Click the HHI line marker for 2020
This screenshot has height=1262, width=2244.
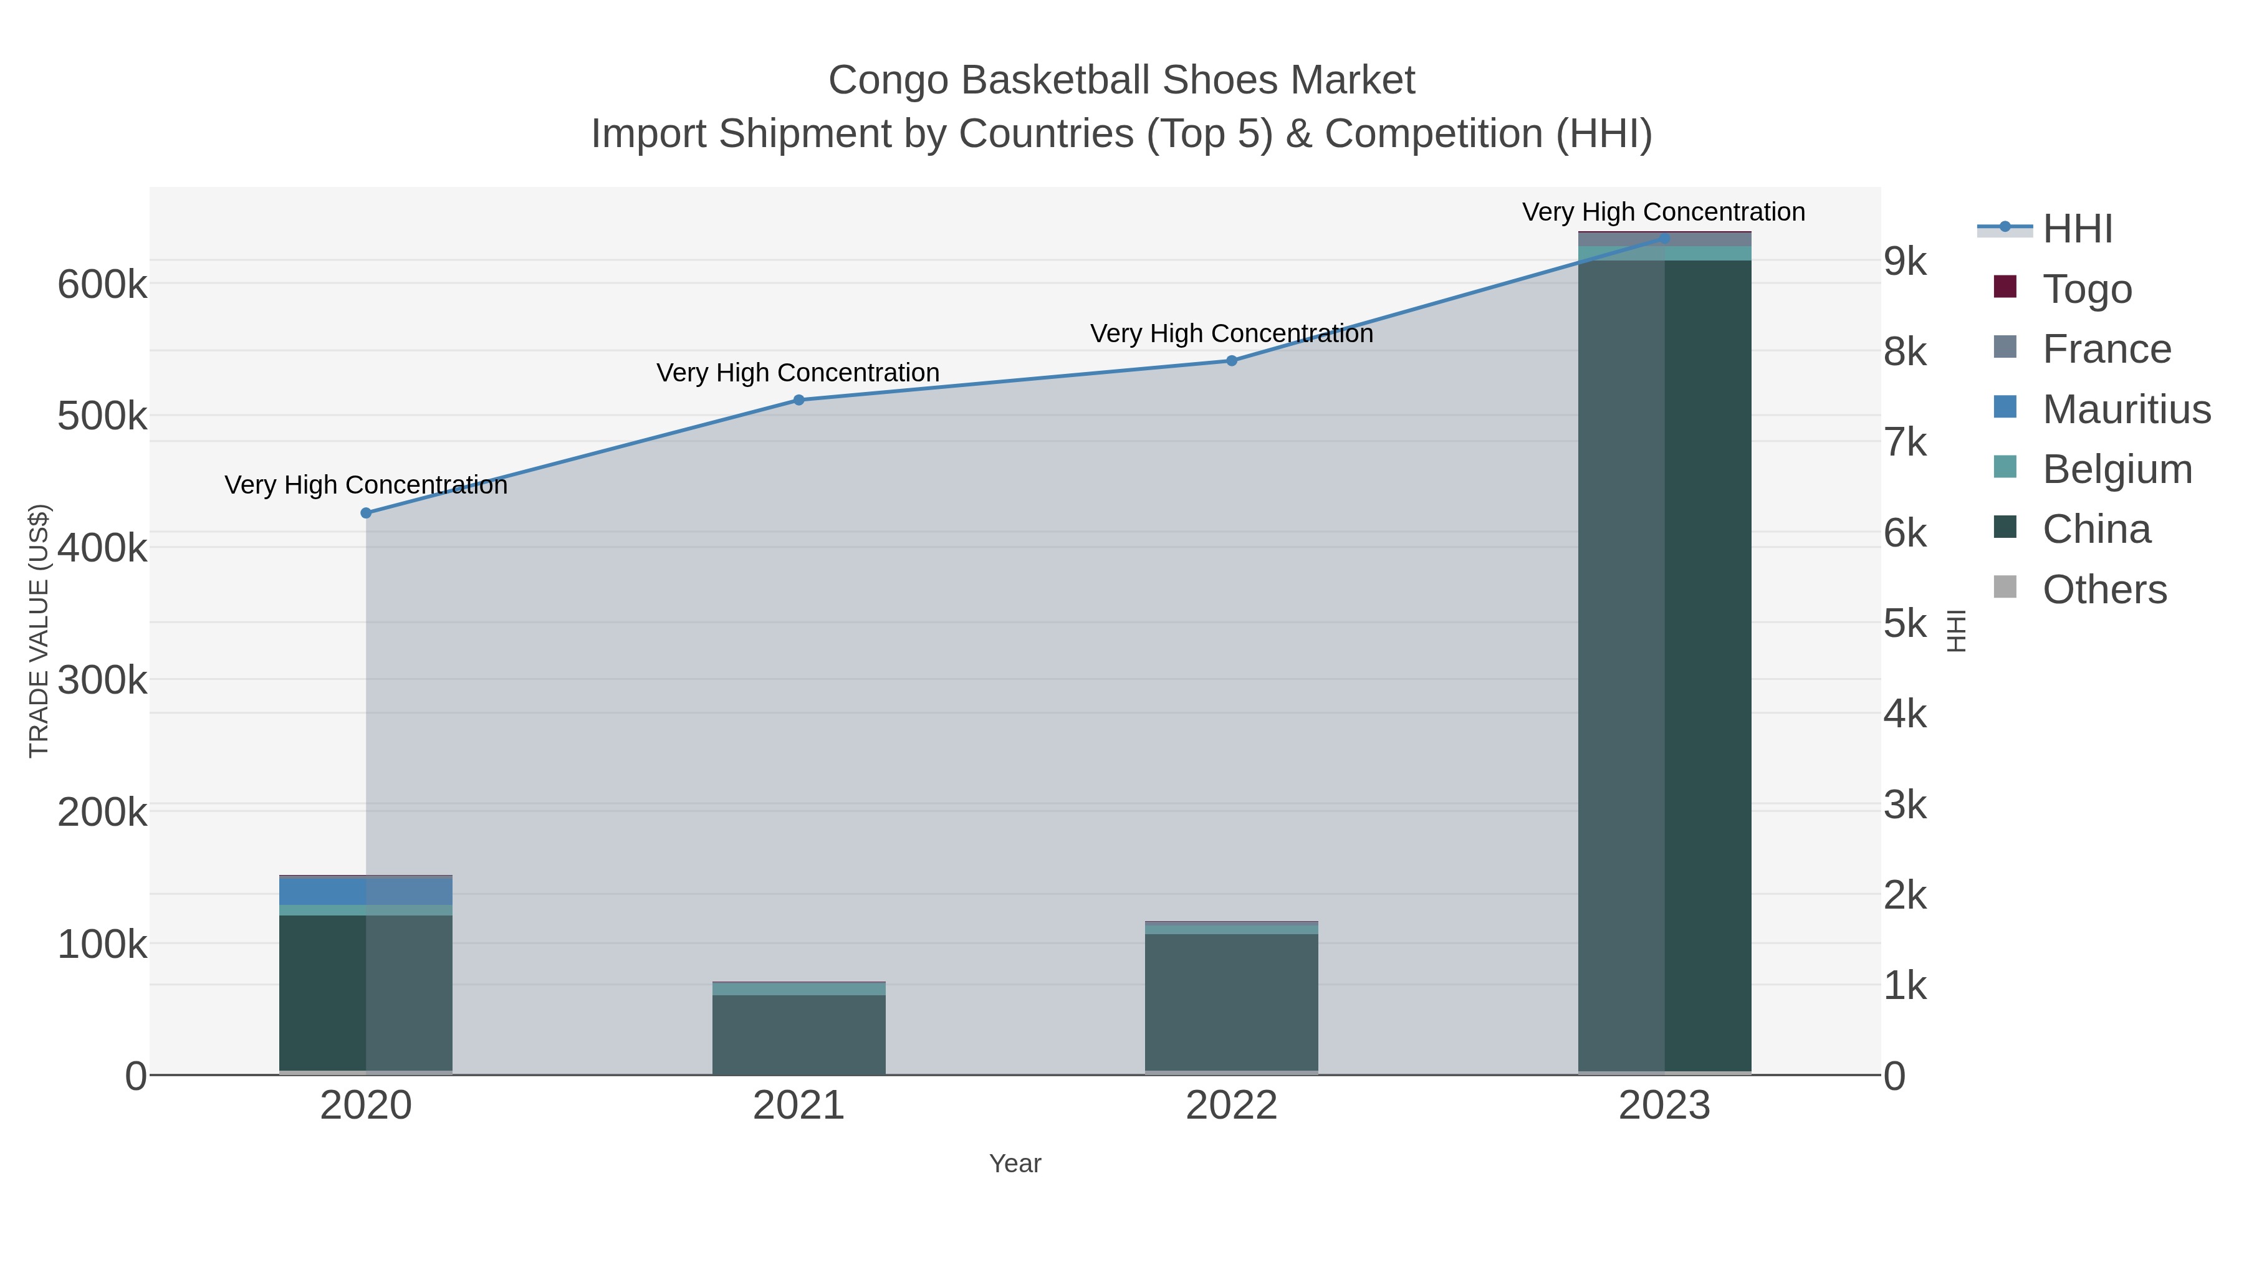(x=366, y=513)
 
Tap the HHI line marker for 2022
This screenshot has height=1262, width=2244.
(x=1232, y=361)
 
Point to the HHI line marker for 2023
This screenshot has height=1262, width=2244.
(x=1665, y=238)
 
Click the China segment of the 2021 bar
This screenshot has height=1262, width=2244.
(x=799, y=1034)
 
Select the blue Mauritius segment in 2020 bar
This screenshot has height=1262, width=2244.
(x=322, y=891)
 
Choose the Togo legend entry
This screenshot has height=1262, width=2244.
(x=2087, y=289)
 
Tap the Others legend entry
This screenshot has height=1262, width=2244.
(x=2104, y=589)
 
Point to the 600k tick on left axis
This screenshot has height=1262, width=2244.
(x=102, y=284)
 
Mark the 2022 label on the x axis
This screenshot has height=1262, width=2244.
(x=1231, y=1105)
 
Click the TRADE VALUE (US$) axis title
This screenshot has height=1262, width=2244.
(x=39, y=631)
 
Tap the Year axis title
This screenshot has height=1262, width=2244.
(x=1015, y=1164)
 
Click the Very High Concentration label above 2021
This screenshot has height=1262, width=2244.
(x=798, y=373)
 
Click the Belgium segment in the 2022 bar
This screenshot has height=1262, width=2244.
(x=1232, y=929)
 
